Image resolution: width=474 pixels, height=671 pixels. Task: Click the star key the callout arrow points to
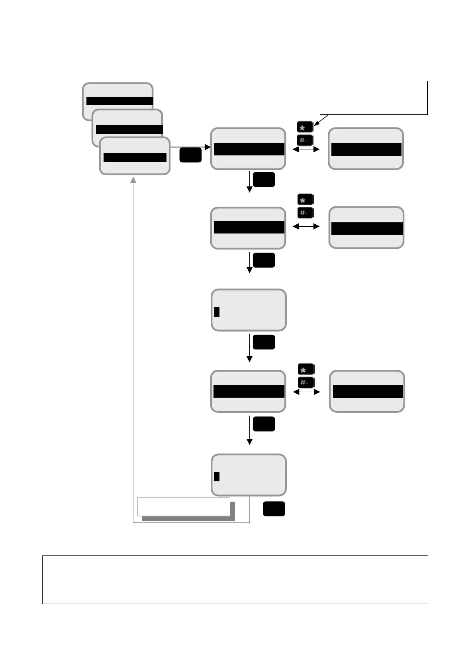(305, 128)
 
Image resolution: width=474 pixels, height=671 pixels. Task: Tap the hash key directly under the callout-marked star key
(305, 140)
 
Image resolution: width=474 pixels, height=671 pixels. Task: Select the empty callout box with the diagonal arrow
(373, 98)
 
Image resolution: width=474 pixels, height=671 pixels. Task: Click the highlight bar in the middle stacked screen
(129, 129)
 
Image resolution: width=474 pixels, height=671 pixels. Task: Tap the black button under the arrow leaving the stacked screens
(190, 155)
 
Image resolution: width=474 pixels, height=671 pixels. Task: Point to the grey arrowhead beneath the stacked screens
(133, 180)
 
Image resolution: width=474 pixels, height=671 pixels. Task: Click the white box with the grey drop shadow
(184, 506)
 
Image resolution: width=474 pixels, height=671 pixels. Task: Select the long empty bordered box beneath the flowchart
(235, 579)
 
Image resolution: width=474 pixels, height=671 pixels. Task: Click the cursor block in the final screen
(217, 476)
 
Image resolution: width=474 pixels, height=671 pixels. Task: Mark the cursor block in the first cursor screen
(217, 311)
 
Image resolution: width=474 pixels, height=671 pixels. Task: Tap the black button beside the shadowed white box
(274, 509)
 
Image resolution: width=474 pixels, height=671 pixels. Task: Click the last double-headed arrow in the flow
(306, 392)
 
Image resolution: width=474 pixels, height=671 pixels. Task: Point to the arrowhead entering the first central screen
(208, 147)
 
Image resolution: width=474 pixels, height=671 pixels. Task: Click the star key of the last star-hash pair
(306, 369)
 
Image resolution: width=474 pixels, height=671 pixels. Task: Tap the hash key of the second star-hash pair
(306, 213)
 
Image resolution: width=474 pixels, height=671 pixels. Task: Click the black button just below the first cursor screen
(264, 342)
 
